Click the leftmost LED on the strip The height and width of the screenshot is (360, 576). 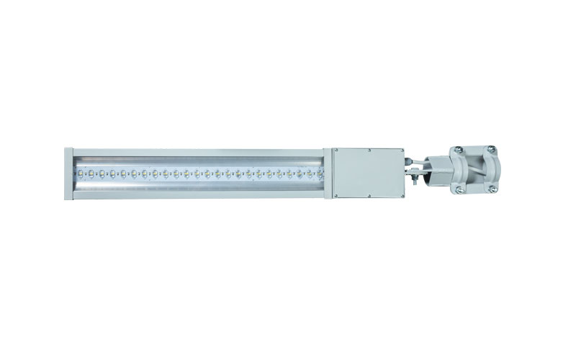pyautogui.click(x=81, y=173)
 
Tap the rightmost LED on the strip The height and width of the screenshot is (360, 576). pyautogui.click(x=320, y=174)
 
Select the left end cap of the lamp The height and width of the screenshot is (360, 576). pyautogui.click(x=68, y=173)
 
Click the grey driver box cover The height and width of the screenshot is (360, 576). pyautogui.click(x=367, y=173)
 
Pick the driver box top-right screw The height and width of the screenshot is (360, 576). pyautogui.click(x=399, y=151)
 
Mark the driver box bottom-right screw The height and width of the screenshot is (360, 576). pyautogui.click(x=399, y=195)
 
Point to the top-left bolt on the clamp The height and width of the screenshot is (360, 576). pyautogui.click(x=456, y=148)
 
